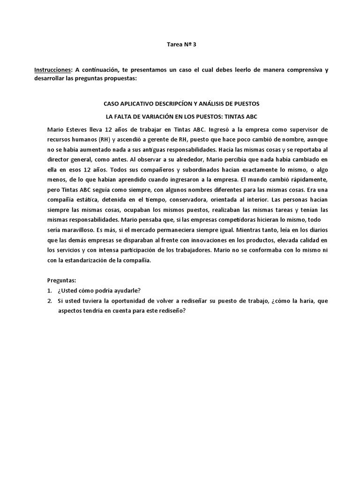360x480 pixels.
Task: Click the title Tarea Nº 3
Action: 180,45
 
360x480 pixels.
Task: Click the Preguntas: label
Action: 61,280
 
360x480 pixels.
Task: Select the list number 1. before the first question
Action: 50,290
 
